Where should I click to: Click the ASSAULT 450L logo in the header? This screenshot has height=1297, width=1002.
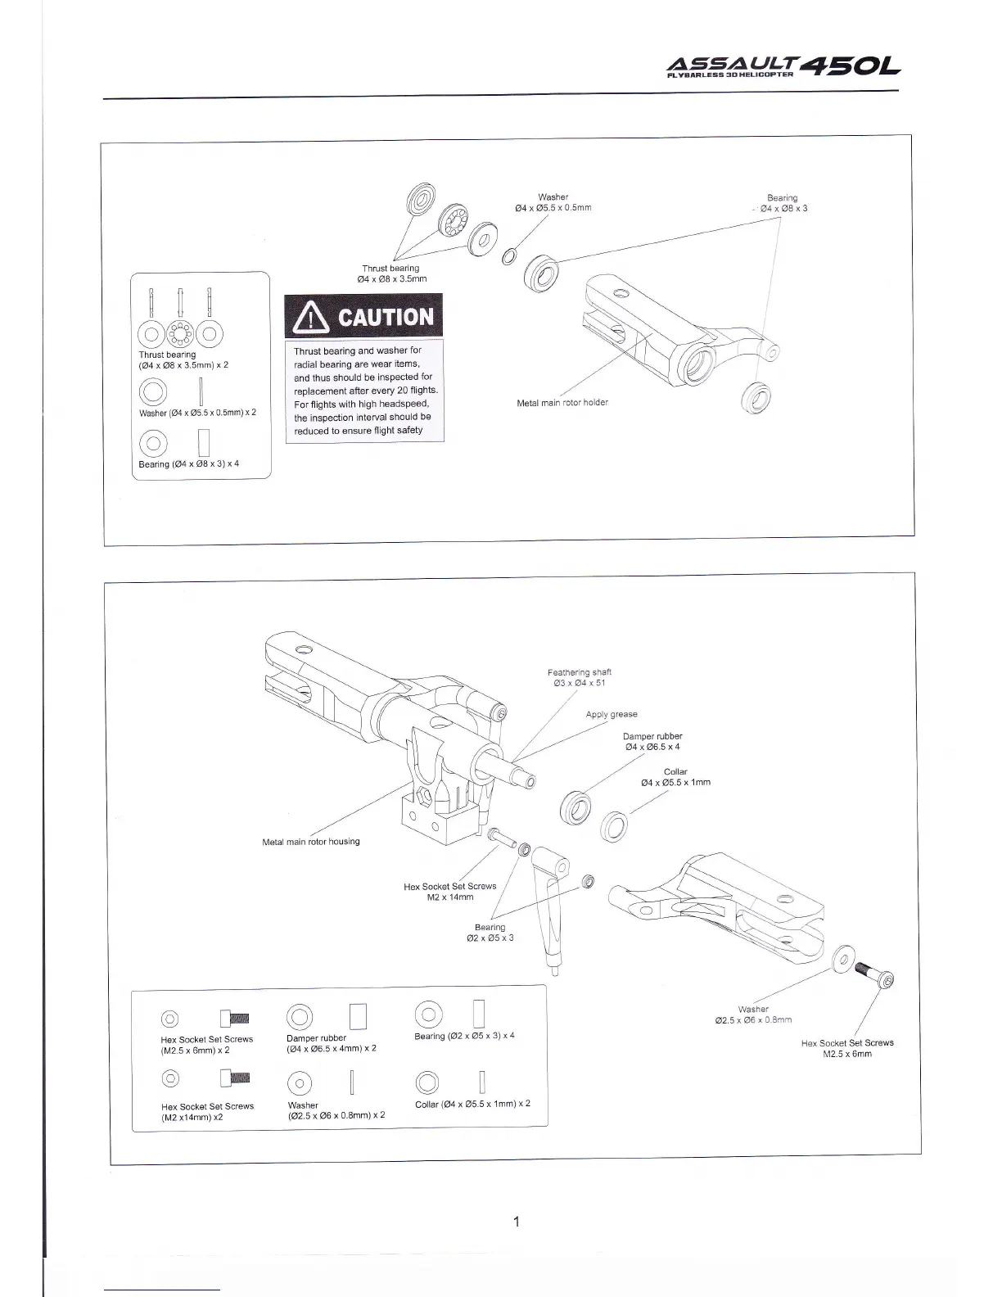(x=785, y=66)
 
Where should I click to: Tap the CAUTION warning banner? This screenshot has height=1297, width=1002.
(x=363, y=318)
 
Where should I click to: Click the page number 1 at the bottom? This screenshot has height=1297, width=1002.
(x=516, y=1222)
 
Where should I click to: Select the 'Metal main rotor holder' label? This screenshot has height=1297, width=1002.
(x=562, y=403)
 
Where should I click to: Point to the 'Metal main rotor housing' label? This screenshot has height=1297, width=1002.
(x=310, y=842)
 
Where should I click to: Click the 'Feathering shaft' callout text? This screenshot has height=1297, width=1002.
(x=580, y=677)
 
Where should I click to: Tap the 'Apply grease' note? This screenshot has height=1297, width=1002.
(x=612, y=714)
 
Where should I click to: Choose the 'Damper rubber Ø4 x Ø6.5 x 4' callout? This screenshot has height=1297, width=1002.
(x=652, y=741)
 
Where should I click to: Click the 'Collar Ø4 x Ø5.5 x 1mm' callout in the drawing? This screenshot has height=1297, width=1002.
(x=675, y=777)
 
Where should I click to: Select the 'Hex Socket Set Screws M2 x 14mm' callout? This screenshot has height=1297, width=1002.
(x=450, y=892)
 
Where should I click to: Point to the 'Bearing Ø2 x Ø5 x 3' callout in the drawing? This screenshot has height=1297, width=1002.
(x=490, y=933)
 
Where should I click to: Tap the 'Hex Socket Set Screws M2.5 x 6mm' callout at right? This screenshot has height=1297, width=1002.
(x=847, y=1048)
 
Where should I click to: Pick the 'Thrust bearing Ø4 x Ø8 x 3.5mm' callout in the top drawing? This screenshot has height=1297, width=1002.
(x=390, y=273)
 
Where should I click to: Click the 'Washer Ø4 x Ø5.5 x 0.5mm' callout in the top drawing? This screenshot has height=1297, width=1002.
(x=553, y=202)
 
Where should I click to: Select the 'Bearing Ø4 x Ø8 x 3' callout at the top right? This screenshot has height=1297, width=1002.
(x=783, y=203)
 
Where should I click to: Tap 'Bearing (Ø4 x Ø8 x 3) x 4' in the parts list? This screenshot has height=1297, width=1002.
(x=189, y=464)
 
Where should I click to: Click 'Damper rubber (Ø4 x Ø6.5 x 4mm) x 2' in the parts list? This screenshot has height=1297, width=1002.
(x=332, y=1043)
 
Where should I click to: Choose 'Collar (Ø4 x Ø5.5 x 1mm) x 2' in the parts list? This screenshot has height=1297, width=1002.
(x=472, y=1104)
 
